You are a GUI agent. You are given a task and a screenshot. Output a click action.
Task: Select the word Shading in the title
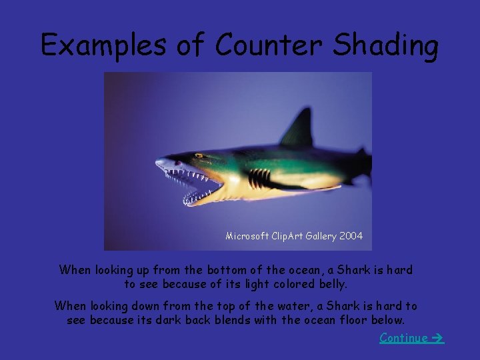pyautogui.click(x=385, y=45)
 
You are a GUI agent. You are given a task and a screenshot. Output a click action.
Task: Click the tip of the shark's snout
pyautogui.click(x=157, y=162)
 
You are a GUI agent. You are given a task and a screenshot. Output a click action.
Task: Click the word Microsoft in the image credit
pyautogui.click(x=247, y=236)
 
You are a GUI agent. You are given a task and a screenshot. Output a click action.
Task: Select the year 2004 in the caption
pyautogui.click(x=351, y=236)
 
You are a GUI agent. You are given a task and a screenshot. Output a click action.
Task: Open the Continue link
pyautogui.click(x=403, y=338)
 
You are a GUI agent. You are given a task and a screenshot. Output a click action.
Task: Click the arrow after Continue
pyautogui.click(x=437, y=338)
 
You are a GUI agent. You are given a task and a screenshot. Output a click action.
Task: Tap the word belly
pyautogui.click(x=333, y=284)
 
